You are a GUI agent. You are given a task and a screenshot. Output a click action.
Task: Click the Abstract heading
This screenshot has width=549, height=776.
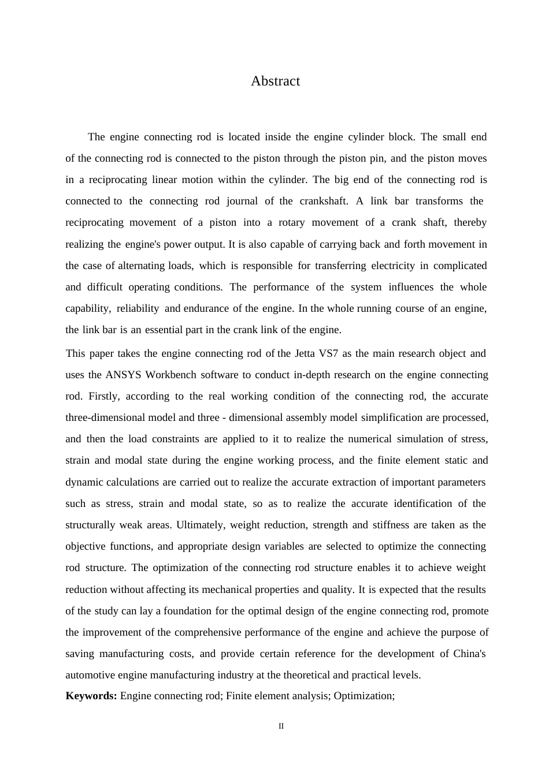275,81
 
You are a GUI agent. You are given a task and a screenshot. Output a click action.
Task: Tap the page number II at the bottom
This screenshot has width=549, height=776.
281,726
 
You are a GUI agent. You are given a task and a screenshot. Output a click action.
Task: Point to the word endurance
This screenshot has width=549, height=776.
207,308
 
